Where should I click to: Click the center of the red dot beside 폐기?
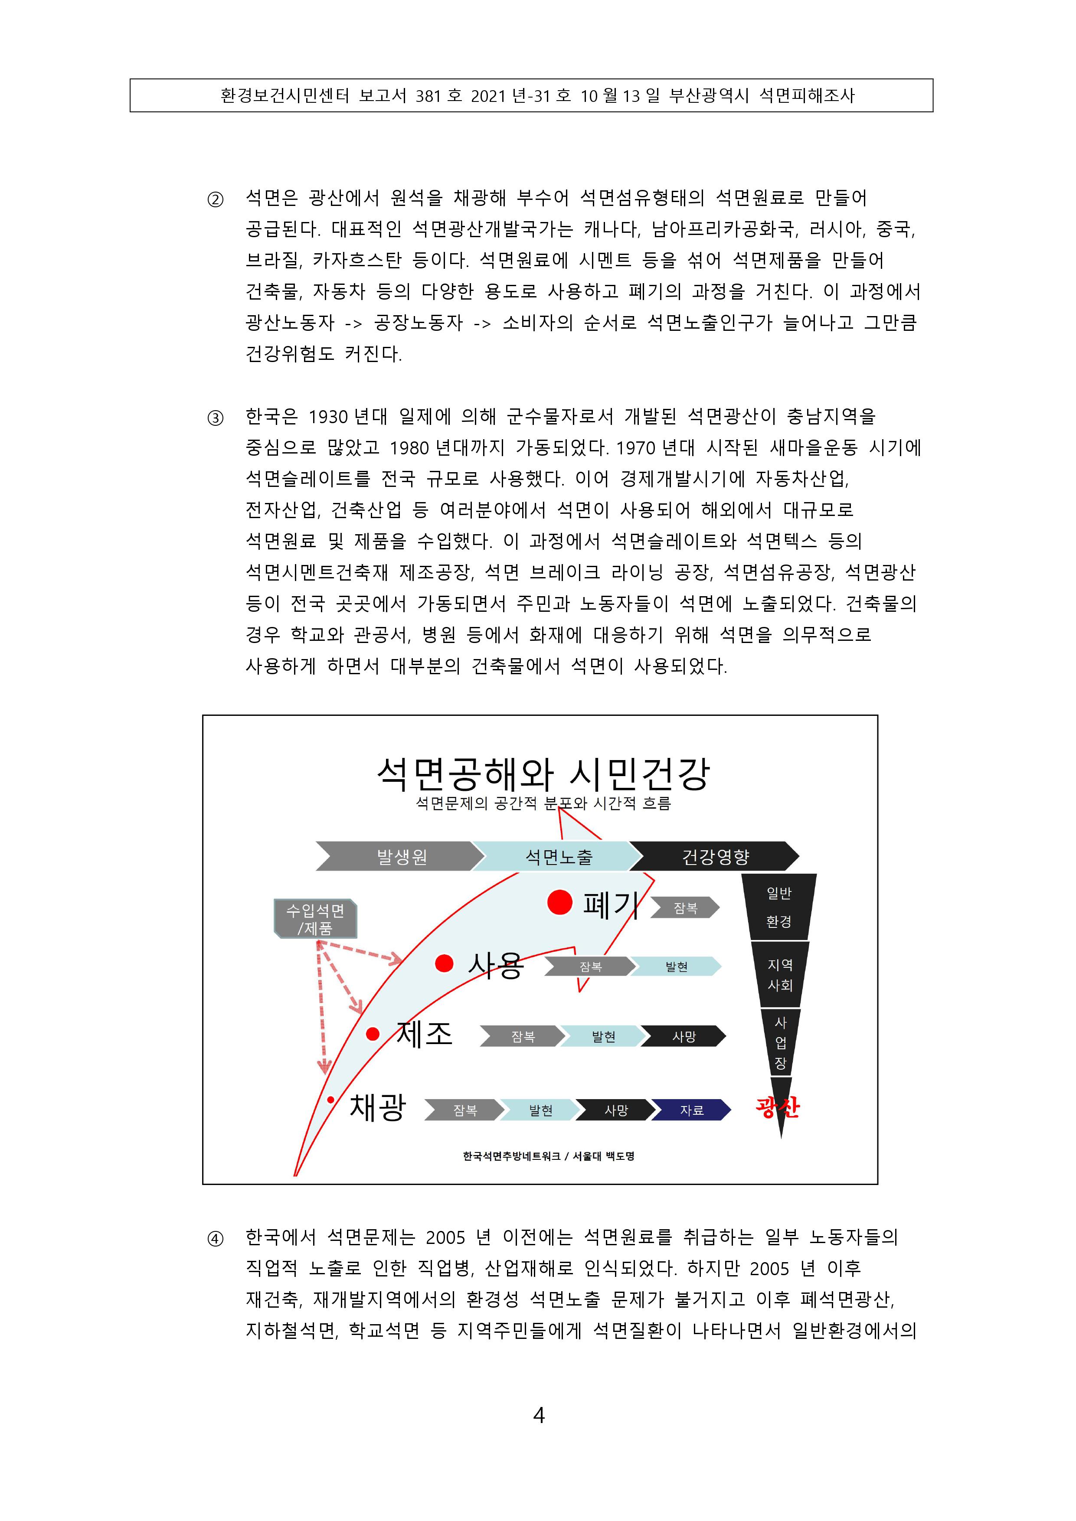pyautogui.click(x=560, y=902)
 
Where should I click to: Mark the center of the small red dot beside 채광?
pyautogui.click(x=330, y=1100)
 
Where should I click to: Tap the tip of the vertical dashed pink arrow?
pyautogui.click(x=324, y=1073)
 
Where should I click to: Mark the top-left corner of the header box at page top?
pyautogui.click(x=131, y=79)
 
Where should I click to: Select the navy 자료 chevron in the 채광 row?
pyautogui.click(x=691, y=1110)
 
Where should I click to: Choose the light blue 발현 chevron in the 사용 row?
pyautogui.click(x=676, y=966)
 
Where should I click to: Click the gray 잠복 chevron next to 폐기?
pyautogui.click(x=685, y=907)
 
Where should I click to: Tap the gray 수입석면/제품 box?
pyautogui.click(x=315, y=918)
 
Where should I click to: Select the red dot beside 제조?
pyautogui.click(x=373, y=1033)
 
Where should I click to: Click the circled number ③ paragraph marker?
pyautogui.click(x=216, y=418)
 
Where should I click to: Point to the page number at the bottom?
pyautogui.click(x=539, y=1416)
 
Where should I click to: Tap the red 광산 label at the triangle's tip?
pyautogui.click(x=778, y=1106)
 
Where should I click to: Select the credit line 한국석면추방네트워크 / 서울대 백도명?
pyautogui.click(x=549, y=1156)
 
